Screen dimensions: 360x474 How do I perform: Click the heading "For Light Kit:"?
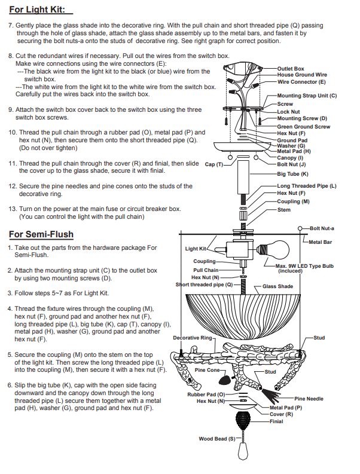click(x=37, y=10)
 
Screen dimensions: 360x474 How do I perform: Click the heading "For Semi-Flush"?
click(x=41, y=234)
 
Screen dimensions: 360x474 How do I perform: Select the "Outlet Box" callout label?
click(x=291, y=69)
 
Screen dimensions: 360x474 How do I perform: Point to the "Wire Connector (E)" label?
click(x=301, y=82)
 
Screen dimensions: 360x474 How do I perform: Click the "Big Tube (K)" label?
click(x=292, y=174)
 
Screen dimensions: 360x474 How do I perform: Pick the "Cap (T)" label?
click(x=214, y=164)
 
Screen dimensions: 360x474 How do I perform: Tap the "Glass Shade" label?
click(x=277, y=286)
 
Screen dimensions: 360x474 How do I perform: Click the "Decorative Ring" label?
click(x=193, y=338)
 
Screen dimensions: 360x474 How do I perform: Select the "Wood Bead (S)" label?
click(x=217, y=439)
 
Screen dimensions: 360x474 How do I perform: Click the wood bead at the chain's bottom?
click(x=242, y=451)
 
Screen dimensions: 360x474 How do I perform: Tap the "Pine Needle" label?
click(x=309, y=399)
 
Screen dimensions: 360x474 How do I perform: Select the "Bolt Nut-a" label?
click(x=322, y=228)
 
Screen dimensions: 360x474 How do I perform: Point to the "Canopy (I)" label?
click(x=290, y=158)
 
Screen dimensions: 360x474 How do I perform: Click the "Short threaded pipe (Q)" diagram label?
click(x=204, y=285)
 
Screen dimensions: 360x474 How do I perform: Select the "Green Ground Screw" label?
click(x=303, y=127)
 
